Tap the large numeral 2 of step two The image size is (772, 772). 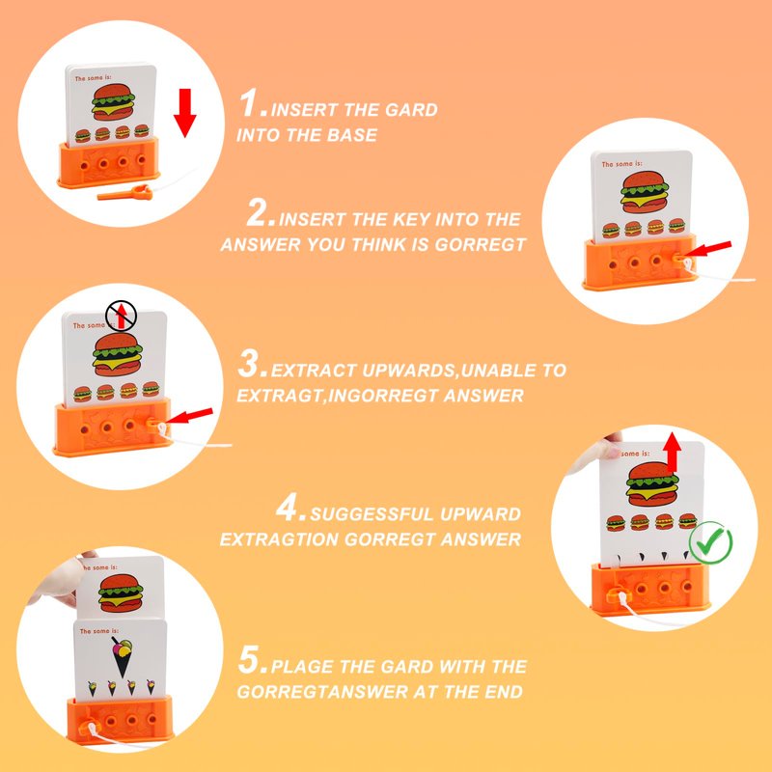coord(259,212)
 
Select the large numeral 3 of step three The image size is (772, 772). coord(250,364)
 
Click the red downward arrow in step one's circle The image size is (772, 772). coord(184,113)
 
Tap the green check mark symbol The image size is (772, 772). coord(710,543)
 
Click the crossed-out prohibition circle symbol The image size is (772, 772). coord(122,316)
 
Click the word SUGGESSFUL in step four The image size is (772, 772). coord(372,514)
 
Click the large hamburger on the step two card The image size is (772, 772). coord(644,191)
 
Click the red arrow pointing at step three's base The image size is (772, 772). coord(189,416)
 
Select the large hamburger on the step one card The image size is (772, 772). coord(113,102)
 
